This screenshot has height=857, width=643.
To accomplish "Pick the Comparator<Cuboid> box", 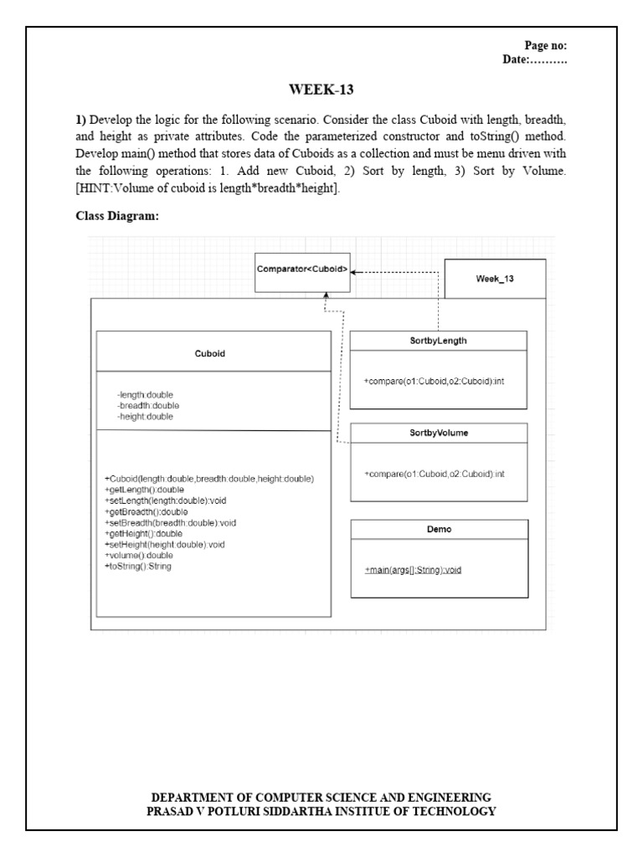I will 303,270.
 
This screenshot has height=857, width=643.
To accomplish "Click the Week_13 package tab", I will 495,279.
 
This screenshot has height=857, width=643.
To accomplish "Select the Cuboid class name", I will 208,353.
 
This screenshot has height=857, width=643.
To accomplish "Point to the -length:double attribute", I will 146,393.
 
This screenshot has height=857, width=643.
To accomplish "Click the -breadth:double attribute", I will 148,404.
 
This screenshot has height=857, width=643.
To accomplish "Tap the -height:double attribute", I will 146,415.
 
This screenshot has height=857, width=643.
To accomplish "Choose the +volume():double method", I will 139,554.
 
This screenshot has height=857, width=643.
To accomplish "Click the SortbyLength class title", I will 439,341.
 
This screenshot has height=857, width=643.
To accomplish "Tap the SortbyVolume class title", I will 439,434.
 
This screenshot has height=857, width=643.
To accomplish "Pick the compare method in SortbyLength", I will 434,381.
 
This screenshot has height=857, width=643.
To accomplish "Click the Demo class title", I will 439,530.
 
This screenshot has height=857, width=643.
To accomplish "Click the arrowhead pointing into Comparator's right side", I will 355,271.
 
